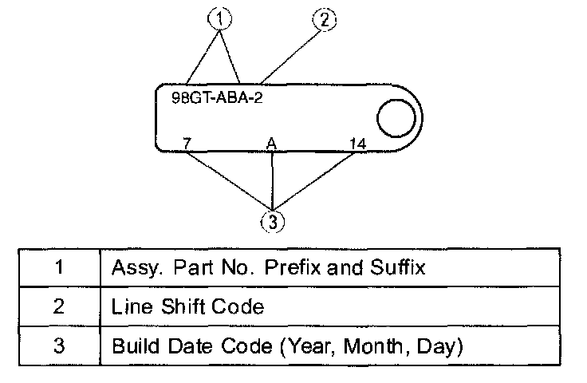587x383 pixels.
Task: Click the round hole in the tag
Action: point(396,120)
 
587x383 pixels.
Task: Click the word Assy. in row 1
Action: point(133,268)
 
